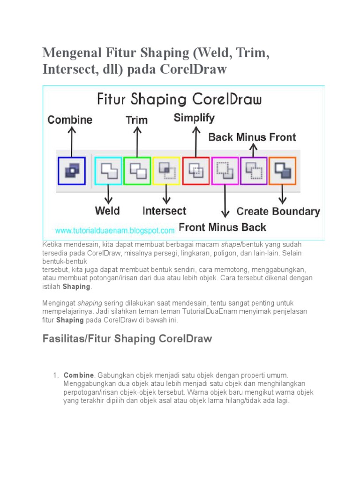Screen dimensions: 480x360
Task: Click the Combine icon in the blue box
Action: click(72, 171)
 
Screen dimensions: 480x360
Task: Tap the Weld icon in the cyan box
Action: click(108, 171)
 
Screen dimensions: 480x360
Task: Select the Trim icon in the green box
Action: click(137, 171)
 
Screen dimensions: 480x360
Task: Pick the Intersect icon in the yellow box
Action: click(166, 171)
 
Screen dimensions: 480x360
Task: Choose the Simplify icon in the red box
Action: click(195, 171)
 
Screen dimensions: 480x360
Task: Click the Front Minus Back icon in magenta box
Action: click(225, 171)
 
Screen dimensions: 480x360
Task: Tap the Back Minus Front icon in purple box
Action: click(254, 171)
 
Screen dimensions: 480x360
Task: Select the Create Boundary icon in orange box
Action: click(283, 171)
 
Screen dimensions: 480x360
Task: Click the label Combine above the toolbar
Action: click(70, 120)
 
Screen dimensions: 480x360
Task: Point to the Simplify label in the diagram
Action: click(194, 118)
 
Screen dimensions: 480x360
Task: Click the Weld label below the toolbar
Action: click(107, 210)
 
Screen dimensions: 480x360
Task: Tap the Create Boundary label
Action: click(278, 211)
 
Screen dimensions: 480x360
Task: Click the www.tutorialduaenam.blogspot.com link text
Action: click(114, 231)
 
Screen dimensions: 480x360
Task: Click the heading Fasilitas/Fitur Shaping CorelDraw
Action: click(127, 338)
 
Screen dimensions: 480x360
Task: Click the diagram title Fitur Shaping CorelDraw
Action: click(179, 99)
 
